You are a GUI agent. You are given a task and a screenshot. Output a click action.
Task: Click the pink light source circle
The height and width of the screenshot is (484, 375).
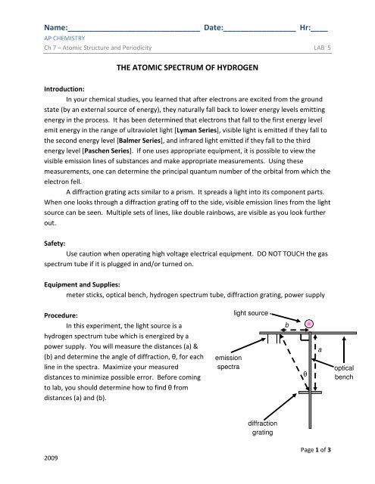point(309,324)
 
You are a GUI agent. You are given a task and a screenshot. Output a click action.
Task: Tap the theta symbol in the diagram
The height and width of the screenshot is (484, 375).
point(305,374)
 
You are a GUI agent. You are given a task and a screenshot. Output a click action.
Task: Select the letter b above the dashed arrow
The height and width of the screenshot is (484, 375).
point(286,325)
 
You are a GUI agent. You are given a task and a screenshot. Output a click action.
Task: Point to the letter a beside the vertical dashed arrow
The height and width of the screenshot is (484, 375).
point(320,349)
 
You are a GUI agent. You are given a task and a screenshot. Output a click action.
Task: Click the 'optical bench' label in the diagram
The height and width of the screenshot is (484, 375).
point(344,372)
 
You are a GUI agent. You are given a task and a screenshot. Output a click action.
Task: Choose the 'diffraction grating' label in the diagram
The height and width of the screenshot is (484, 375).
point(262,428)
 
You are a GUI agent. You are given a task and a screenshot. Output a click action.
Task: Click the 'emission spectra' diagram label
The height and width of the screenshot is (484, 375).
point(228,362)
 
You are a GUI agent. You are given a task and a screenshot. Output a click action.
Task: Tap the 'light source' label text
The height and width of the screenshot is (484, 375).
point(251,313)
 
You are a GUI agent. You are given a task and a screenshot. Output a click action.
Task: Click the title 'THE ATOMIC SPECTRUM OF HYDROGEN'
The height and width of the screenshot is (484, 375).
point(187,67)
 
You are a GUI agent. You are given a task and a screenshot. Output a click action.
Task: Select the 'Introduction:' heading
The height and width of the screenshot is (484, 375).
point(64,89)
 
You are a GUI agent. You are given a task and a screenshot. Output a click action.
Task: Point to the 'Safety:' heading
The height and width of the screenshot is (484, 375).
point(55,244)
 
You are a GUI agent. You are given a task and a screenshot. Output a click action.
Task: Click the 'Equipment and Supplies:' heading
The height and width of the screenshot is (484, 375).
point(82,284)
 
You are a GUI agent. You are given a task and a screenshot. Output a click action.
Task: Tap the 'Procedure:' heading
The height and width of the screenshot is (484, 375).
point(61,315)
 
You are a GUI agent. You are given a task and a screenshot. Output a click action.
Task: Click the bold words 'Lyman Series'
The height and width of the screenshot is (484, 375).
point(197,130)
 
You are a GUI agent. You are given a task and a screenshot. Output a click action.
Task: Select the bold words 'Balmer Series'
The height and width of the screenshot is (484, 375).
point(139,141)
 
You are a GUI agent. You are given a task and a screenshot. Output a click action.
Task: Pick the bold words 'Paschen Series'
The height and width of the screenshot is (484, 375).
point(107,151)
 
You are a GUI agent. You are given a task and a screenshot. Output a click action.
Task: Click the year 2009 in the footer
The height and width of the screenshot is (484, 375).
point(51,458)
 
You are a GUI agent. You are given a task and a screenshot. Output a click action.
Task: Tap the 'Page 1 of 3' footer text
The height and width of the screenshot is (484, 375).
point(315,450)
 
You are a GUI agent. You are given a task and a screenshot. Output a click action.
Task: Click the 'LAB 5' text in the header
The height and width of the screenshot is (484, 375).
point(322,48)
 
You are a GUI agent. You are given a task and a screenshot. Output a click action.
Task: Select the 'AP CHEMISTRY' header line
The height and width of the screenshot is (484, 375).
point(64,38)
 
